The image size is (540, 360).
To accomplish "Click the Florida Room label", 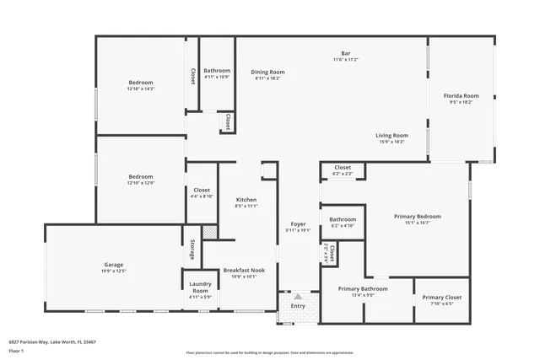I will point(462,96).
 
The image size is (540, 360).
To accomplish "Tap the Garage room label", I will point(114,265).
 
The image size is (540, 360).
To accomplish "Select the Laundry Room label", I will point(200,287).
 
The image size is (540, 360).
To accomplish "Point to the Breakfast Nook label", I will point(244,270).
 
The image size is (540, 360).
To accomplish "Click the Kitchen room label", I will point(246,199).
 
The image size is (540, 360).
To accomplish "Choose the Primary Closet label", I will point(441,297).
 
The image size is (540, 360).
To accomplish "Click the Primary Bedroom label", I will point(418,217).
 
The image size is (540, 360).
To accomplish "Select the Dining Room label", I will point(267,72).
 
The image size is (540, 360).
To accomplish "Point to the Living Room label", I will point(392,135).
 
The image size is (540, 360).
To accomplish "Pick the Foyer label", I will point(298,223).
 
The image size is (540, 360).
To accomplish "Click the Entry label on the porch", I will point(298,306).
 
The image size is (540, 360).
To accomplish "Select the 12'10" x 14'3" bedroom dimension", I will point(140,89).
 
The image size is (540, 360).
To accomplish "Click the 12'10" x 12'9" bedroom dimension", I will point(140,183).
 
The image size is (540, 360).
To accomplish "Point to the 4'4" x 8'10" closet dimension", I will point(202,196).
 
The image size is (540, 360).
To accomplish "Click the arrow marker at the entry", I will point(298,296).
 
